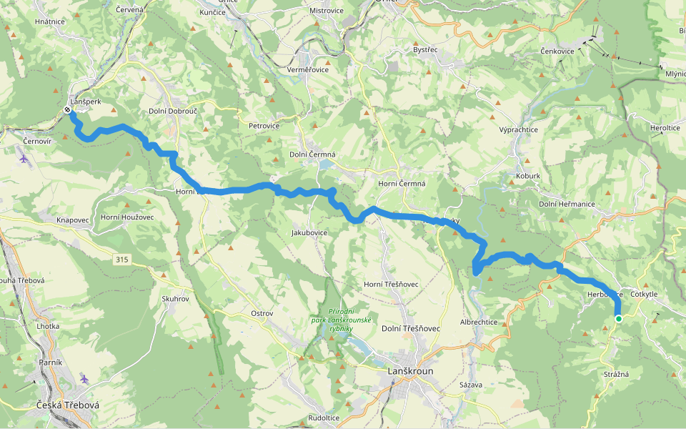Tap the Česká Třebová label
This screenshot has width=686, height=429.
tap(68, 405)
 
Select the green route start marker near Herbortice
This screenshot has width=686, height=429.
tap(619, 319)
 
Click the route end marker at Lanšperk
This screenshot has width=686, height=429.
tap(67, 110)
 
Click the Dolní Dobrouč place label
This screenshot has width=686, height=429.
tap(172, 112)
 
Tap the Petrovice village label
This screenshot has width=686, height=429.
tap(264, 126)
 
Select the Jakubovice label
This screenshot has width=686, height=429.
tap(309, 233)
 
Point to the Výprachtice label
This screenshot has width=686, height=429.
tap(518, 129)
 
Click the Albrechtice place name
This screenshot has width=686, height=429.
tap(479, 322)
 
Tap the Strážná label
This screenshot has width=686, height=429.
tap(616, 375)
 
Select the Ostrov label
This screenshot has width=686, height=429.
tap(262, 314)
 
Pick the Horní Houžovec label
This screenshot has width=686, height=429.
tap(127, 217)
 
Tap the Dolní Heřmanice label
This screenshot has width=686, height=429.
tap(567, 204)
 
